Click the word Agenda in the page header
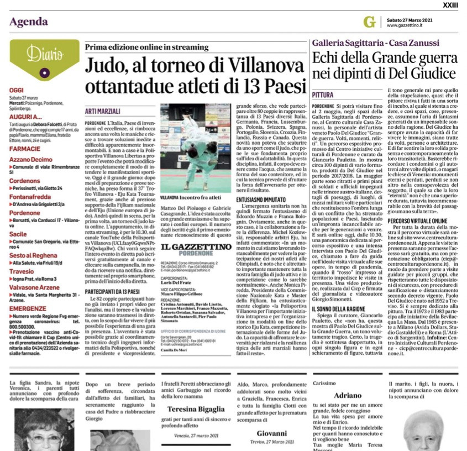(x=29, y=22)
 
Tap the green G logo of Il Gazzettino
(x=369, y=22)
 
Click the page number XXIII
(x=452, y=5)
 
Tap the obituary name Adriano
(x=348, y=396)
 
